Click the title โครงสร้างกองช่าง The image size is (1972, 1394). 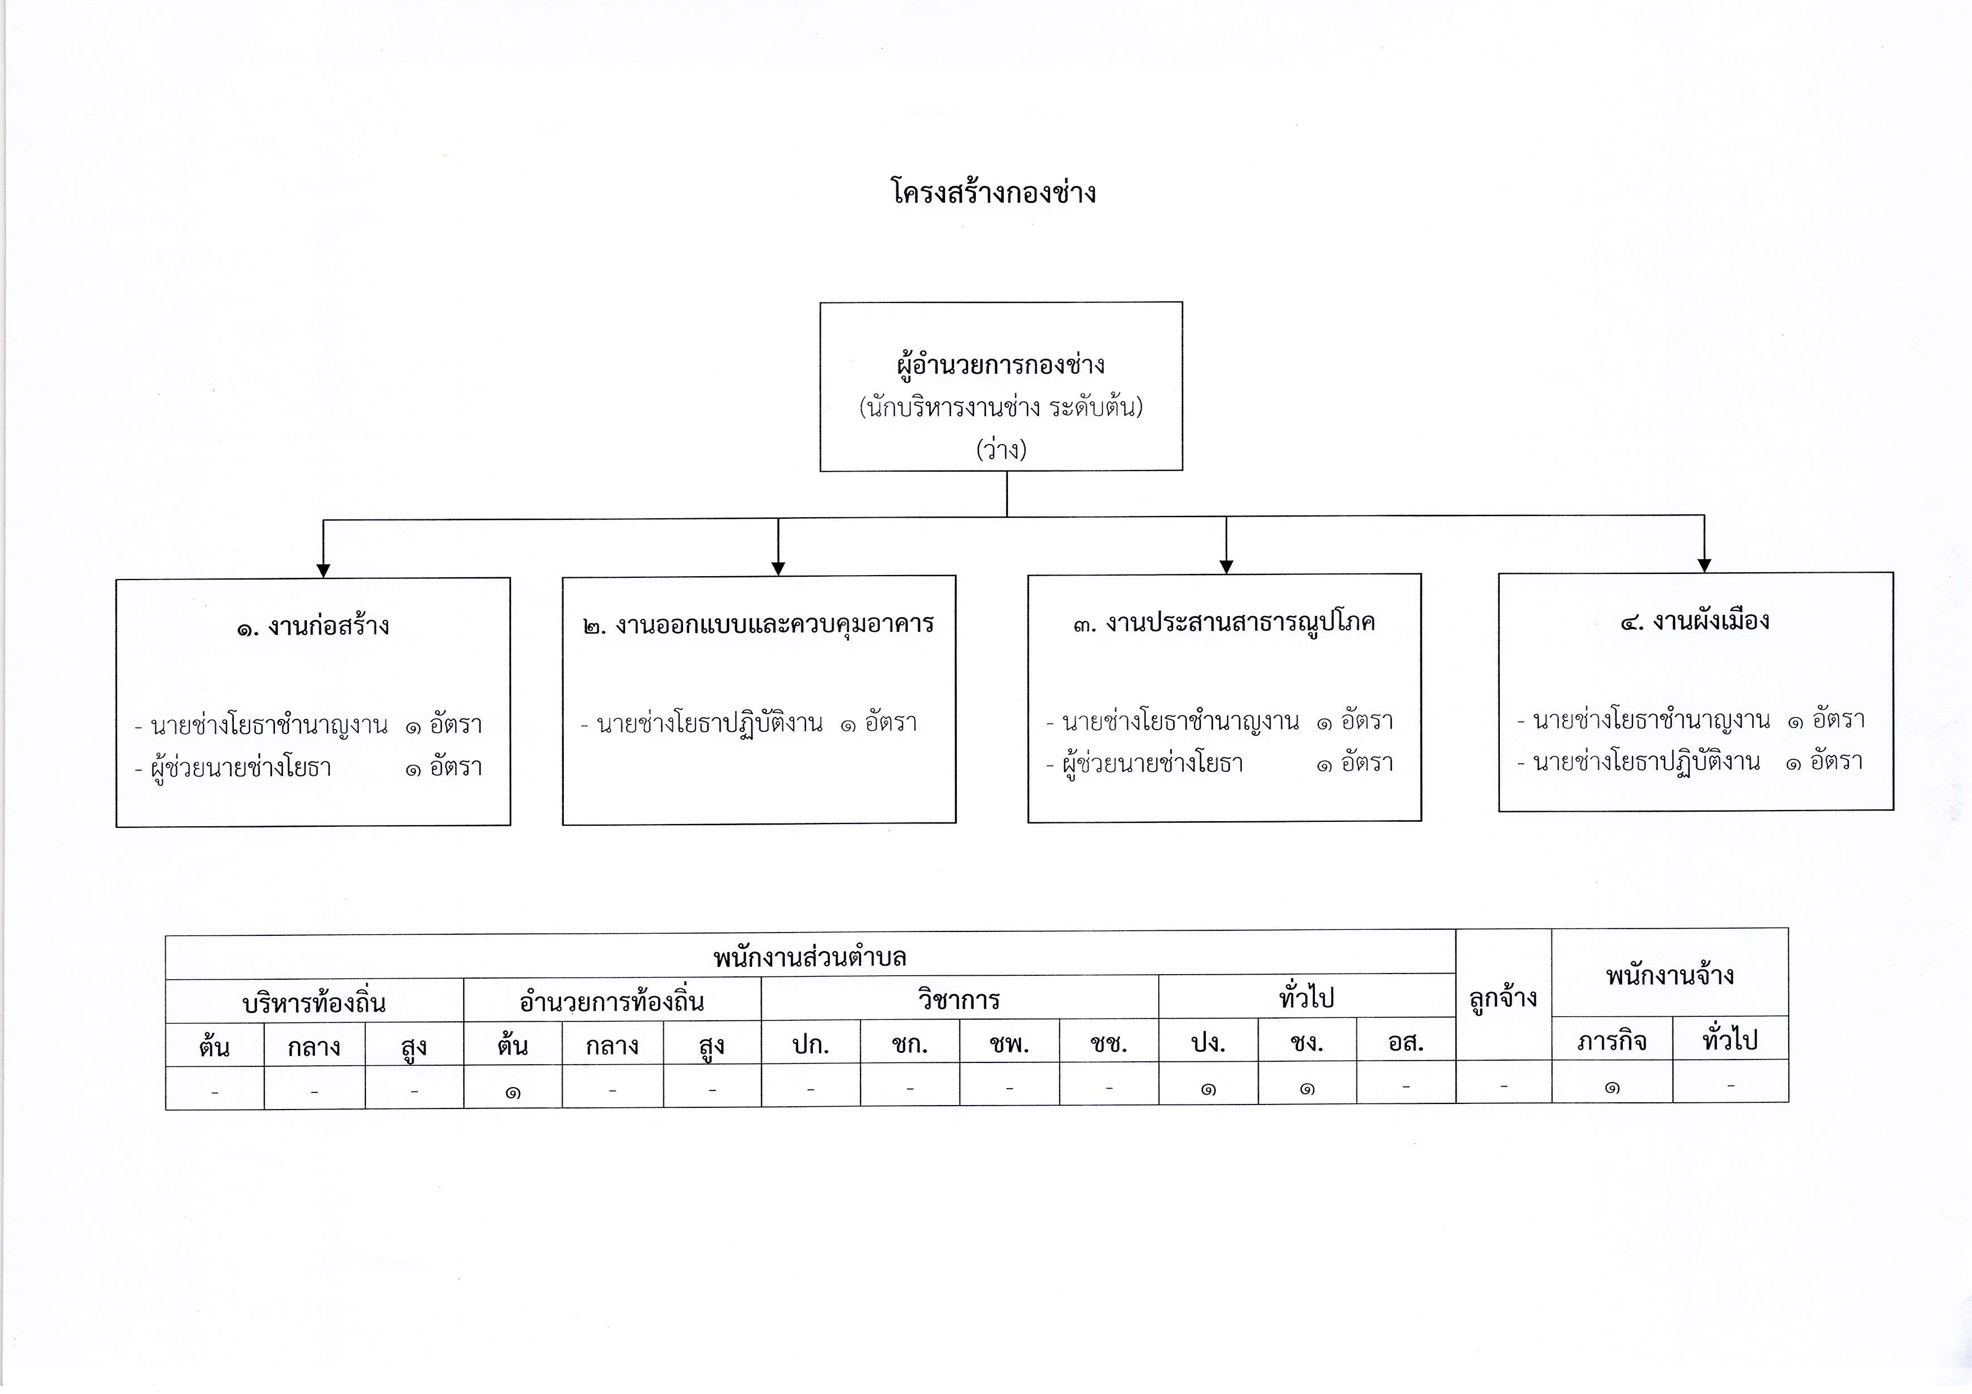click(x=994, y=192)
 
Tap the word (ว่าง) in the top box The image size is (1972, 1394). click(x=1001, y=449)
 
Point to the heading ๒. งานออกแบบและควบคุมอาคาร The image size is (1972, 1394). click(x=758, y=624)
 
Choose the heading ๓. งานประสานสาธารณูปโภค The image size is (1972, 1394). click(x=1224, y=622)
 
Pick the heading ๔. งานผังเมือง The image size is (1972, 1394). click(x=1694, y=620)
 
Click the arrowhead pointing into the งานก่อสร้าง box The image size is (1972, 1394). click(x=324, y=571)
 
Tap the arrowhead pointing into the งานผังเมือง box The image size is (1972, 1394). click(x=1704, y=565)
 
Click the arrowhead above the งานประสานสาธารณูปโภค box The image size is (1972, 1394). click(x=1227, y=567)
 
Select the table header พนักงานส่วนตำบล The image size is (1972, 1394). click(x=810, y=957)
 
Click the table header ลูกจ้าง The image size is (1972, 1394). click(x=1503, y=998)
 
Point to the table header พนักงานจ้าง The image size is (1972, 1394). click(x=1670, y=975)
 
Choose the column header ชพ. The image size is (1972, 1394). click(x=1009, y=1044)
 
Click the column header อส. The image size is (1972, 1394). click(x=1406, y=1043)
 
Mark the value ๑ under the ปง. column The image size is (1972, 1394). click(x=1209, y=1089)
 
